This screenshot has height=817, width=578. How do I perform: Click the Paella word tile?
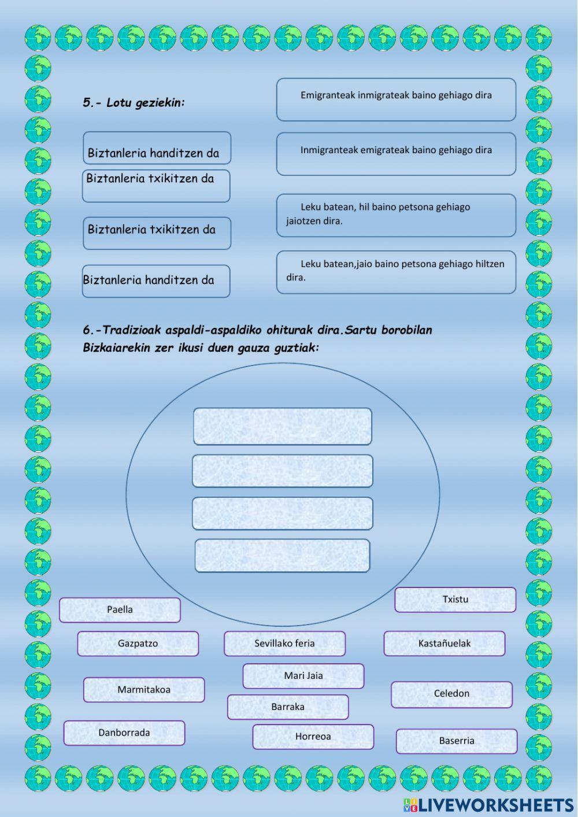120,610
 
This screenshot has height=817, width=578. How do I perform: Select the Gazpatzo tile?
138,644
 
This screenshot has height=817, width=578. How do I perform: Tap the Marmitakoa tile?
144,690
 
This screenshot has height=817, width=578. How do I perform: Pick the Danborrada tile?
124,733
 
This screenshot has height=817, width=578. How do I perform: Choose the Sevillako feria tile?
284,644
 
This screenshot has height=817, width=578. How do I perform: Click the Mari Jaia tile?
303,676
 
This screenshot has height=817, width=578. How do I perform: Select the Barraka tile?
288,707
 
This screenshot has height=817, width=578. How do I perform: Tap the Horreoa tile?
313,737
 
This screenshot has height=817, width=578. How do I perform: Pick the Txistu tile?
455,600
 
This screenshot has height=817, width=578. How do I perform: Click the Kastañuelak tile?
444,644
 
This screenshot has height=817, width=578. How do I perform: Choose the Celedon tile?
451,694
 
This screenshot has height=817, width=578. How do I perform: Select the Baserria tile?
456,741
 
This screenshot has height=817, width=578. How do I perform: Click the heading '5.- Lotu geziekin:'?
134,103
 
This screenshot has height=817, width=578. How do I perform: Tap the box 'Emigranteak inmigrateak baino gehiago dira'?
396,99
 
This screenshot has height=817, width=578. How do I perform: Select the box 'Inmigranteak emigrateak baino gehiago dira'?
396,154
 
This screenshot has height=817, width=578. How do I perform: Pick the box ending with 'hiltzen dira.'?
396,272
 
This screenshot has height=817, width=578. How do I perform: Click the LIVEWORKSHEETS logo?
488,805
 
